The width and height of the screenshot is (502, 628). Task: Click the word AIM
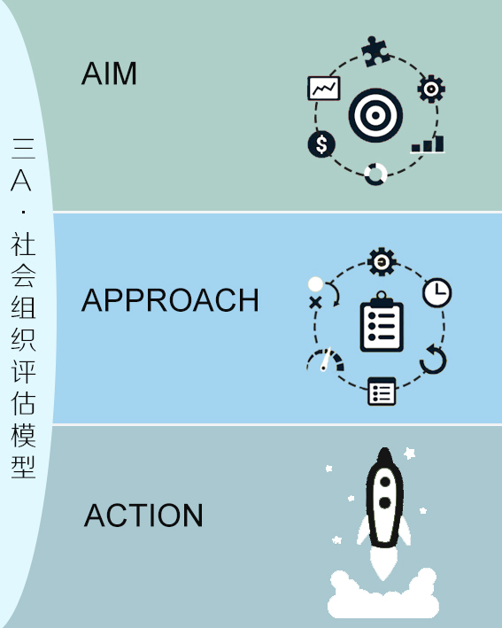click(x=109, y=74)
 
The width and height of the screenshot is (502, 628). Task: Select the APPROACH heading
click(x=170, y=300)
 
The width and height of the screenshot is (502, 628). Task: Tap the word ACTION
click(x=143, y=516)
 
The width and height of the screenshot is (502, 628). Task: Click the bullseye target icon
click(x=375, y=115)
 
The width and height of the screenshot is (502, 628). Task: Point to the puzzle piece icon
click(x=375, y=51)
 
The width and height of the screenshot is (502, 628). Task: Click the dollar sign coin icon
click(x=321, y=144)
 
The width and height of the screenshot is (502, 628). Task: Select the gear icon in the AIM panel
click(x=431, y=89)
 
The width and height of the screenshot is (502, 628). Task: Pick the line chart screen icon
click(x=324, y=88)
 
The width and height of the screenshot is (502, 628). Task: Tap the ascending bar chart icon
click(x=428, y=144)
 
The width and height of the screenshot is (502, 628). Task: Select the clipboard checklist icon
click(x=382, y=322)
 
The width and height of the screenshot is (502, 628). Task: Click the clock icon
click(x=437, y=293)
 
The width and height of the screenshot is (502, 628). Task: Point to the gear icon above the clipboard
click(x=382, y=262)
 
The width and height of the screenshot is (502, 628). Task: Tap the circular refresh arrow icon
click(x=434, y=360)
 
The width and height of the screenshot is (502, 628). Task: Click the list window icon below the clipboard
click(x=382, y=392)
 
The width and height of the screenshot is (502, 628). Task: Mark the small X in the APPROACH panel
click(x=315, y=302)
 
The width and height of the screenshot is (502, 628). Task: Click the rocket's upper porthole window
click(x=385, y=482)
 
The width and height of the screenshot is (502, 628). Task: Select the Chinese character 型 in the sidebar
click(x=23, y=467)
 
